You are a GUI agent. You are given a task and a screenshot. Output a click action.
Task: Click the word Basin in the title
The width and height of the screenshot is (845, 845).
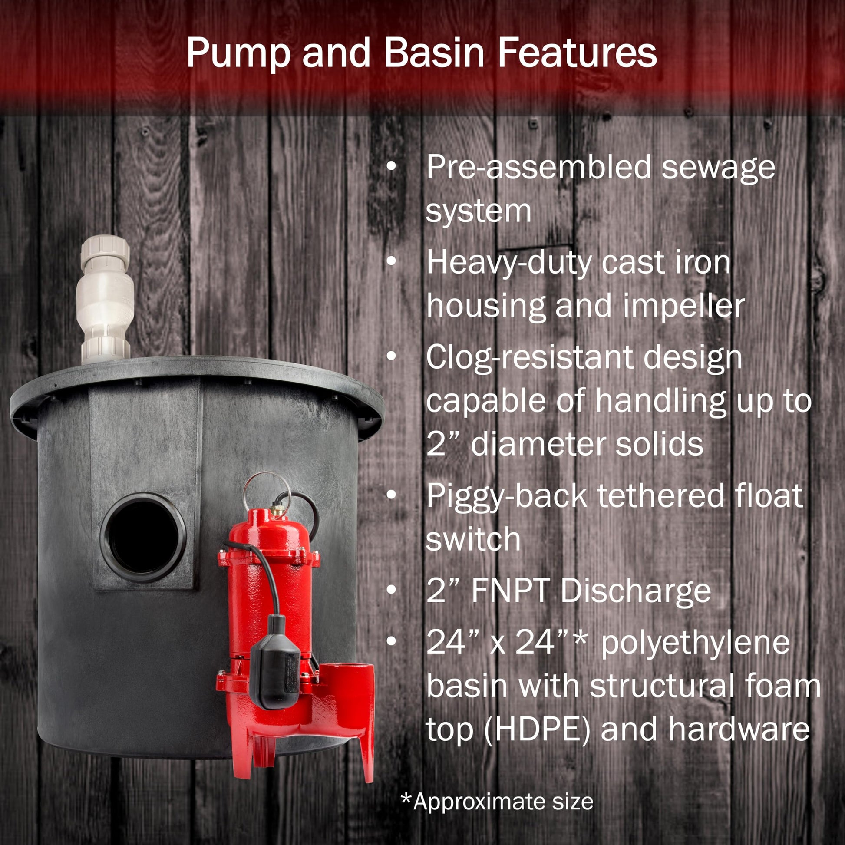pyautogui.click(x=434, y=53)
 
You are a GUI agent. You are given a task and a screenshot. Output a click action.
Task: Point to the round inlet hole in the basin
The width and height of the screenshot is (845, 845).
pyautogui.click(x=143, y=538)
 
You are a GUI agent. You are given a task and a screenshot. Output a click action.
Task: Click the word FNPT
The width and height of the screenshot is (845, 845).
pyautogui.click(x=509, y=591)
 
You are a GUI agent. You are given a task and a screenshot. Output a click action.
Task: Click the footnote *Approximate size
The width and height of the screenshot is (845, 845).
pyautogui.click(x=497, y=802)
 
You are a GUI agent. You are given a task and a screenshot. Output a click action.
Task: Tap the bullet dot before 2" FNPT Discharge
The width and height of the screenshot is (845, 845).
pyautogui.click(x=391, y=591)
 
